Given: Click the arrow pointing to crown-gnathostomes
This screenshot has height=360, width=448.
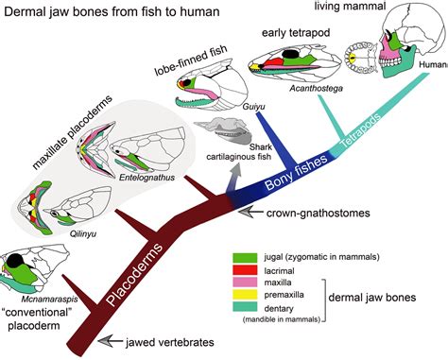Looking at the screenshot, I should click(x=250, y=214).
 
